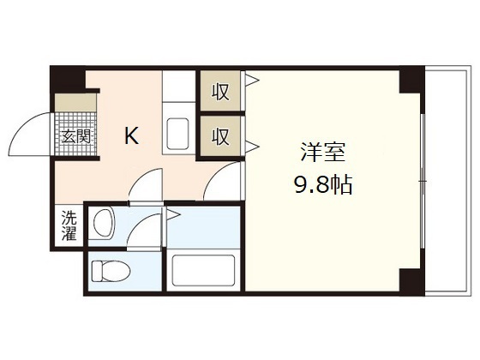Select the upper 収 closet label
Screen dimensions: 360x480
point(221,91)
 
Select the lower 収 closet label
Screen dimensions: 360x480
point(221,135)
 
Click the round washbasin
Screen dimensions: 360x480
point(104,225)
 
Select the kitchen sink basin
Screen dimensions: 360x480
point(178,135)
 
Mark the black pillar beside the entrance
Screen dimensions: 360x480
point(68,81)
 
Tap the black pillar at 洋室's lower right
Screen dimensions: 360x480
point(410,279)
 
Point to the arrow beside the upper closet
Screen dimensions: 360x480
point(252,83)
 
